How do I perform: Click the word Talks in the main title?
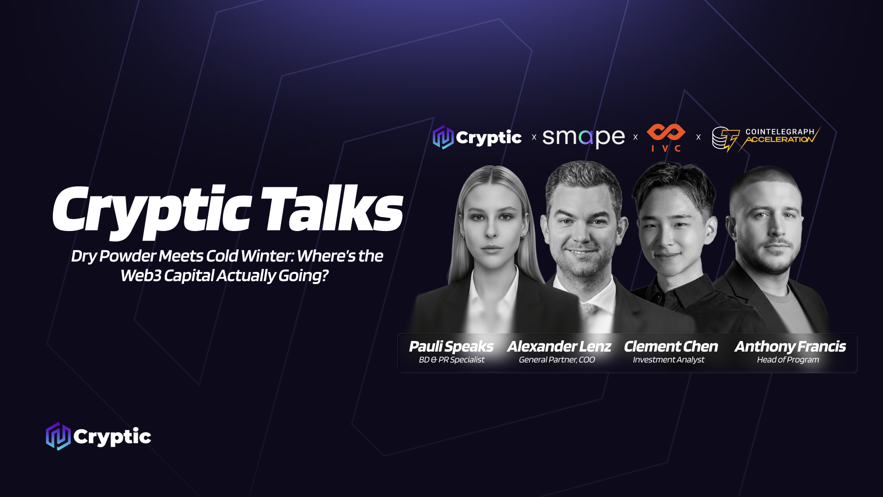[332, 209]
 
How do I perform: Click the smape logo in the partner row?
[583, 137]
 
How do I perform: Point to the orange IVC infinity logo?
[665, 133]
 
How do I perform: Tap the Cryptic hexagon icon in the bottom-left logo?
[58, 436]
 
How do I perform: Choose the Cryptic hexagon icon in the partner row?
[443, 137]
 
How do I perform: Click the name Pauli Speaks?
[451, 346]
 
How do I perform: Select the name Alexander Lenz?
[559, 346]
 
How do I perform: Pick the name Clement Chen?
[671, 346]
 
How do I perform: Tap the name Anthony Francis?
[790, 346]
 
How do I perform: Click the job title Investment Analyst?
[668, 360]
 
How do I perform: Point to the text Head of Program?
[788, 360]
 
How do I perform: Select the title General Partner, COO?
[556, 360]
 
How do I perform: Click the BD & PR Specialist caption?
[451, 360]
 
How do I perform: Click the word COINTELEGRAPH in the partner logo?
[780, 132]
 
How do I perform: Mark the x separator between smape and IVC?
[636, 137]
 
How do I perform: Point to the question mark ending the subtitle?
[325, 276]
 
